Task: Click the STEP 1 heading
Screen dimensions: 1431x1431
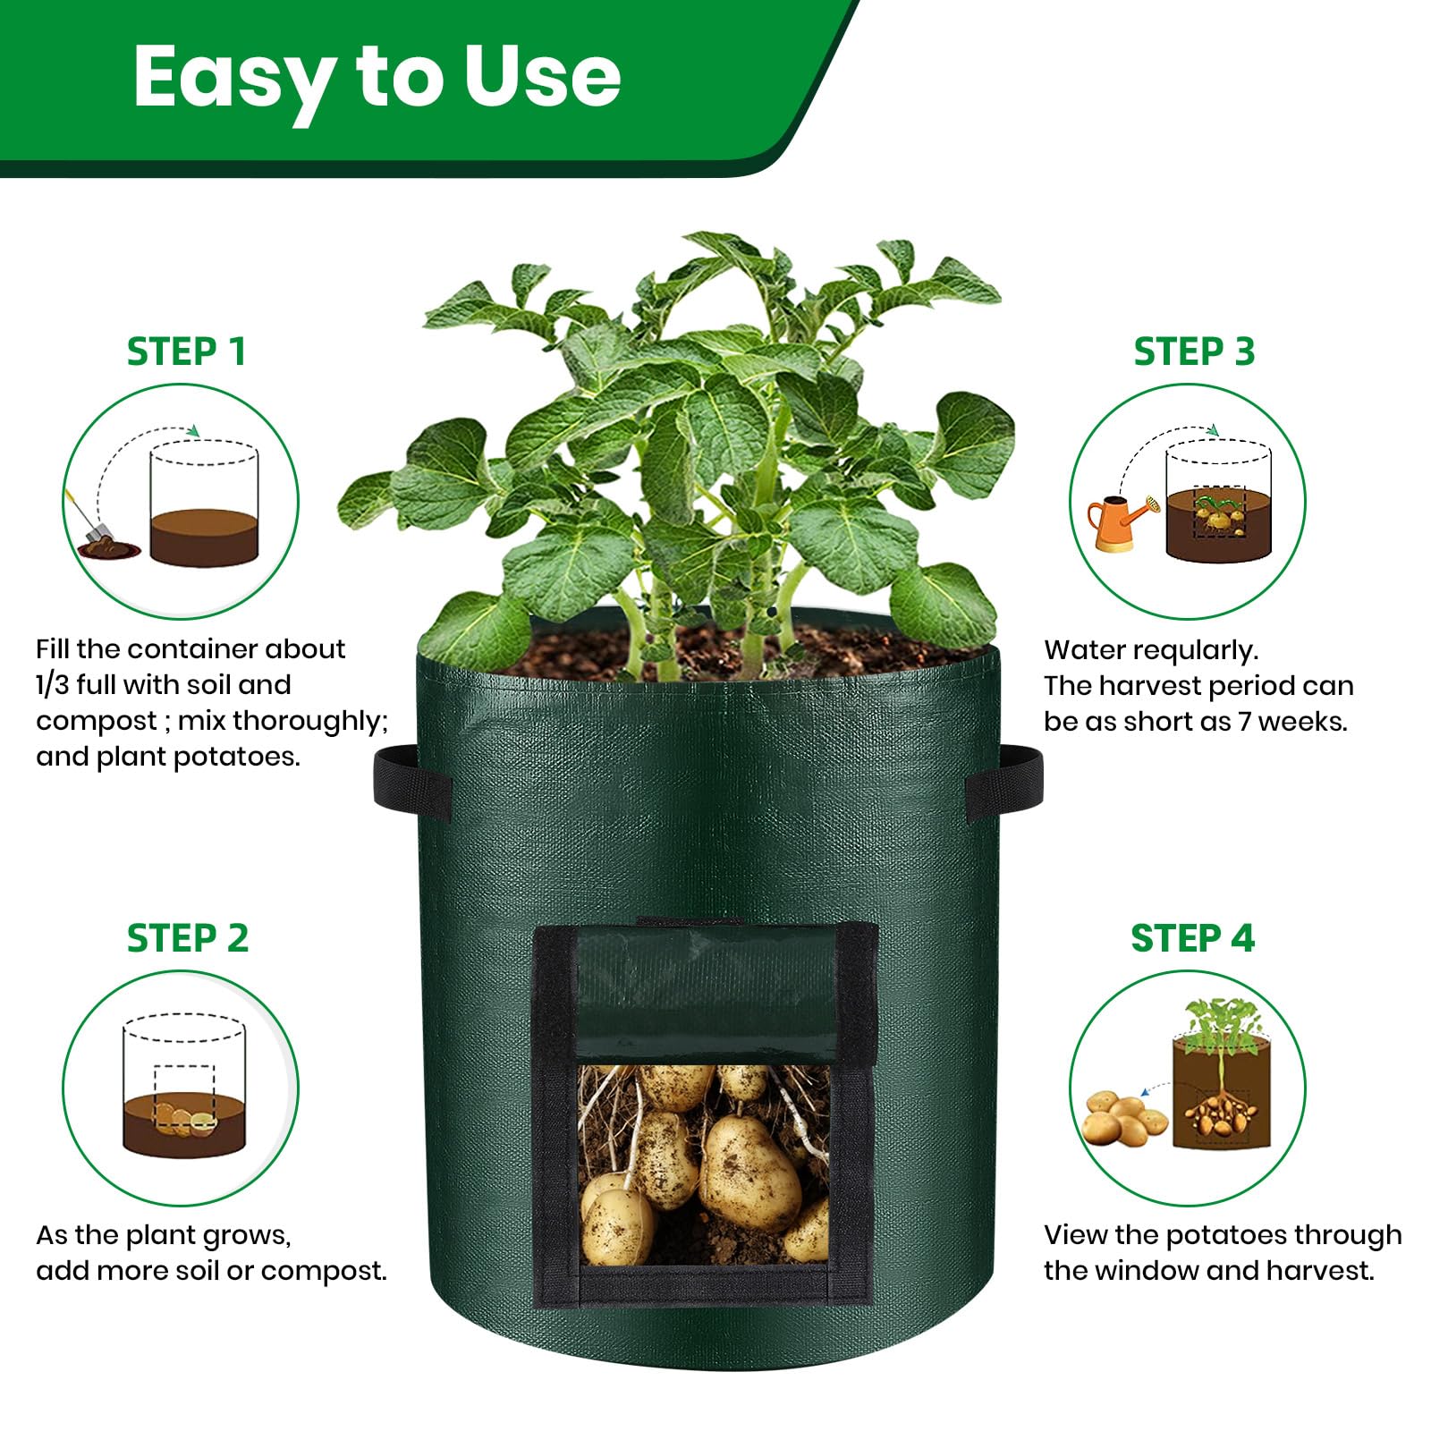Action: [x=186, y=351]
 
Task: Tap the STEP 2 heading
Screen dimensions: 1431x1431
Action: [x=187, y=938]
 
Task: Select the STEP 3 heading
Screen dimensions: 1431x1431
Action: [x=1193, y=351]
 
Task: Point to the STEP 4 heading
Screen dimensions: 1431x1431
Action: [x=1192, y=938]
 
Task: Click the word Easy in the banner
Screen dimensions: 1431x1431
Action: [x=234, y=79]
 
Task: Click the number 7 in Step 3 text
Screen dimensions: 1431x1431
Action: [x=1244, y=722]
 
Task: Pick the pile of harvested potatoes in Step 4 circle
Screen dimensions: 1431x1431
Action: [x=1122, y=1118]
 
